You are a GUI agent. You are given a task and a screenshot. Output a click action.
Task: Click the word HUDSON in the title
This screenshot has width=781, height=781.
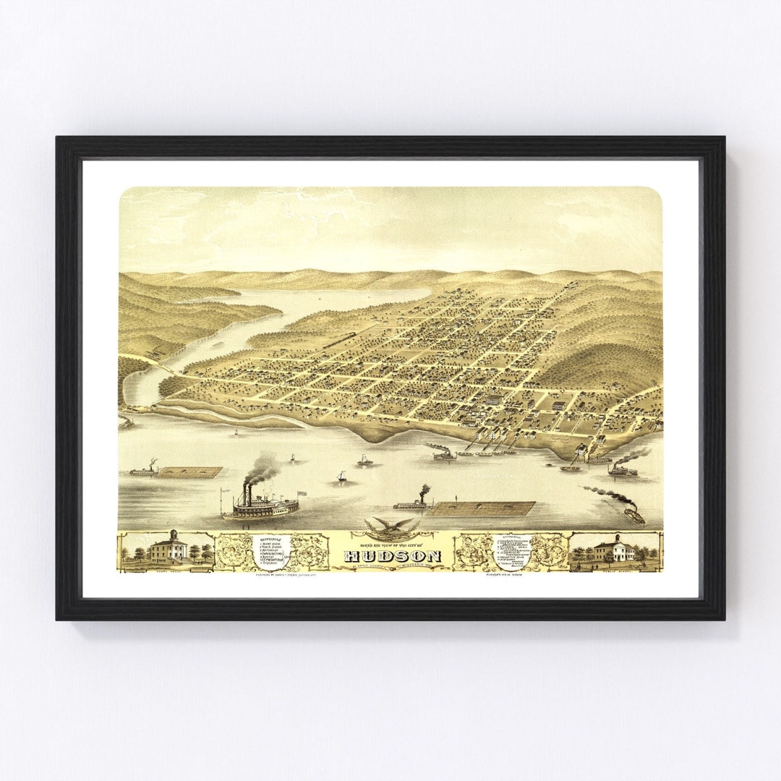(392, 556)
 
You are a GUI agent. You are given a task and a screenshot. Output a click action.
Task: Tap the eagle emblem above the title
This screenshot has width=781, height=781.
(391, 526)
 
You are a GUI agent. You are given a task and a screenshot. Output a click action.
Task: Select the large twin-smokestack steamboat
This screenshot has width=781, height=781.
(260, 505)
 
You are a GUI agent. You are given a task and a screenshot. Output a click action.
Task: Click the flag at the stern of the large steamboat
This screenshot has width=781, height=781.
(301, 493)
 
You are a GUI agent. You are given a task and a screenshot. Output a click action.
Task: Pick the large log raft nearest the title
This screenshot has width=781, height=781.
(482, 508)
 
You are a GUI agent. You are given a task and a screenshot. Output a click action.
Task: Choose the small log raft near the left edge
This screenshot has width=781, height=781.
(189, 472)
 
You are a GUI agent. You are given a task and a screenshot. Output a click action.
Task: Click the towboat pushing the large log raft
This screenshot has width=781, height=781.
(414, 503)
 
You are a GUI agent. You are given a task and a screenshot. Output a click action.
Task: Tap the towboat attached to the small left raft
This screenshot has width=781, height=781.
(144, 471)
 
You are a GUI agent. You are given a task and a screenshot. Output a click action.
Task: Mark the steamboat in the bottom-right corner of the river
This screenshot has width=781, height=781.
(633, 516)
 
